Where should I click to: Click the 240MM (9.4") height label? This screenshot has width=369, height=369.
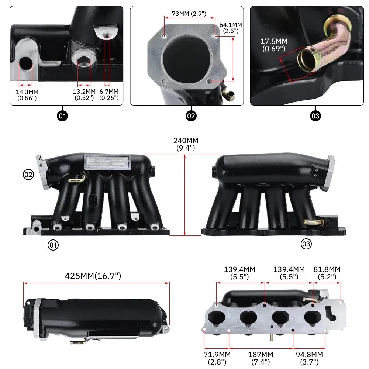(x=186, y=144)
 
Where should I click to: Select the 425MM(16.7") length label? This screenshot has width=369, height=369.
(x=93, y=276)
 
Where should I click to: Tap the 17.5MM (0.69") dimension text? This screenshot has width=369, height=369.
(x=274, y=45)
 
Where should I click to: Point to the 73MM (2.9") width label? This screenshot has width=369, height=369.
(x=189, y=14)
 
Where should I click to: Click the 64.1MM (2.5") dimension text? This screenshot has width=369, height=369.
(x=231, y=28)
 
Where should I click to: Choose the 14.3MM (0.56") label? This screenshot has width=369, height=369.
(x=27, y=95)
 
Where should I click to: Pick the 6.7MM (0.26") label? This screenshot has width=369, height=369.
(x=109, y=94)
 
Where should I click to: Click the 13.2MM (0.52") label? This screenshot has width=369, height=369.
(x=84, y=94)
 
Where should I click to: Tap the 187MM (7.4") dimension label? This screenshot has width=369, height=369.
(x=261, y=358)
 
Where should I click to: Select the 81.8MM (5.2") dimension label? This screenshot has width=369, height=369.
(x=327, y=273)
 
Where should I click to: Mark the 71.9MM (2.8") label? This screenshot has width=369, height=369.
(x=217, y=358)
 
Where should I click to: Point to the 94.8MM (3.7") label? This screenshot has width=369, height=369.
(x=309, y=358)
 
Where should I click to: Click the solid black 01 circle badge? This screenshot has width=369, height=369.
(x=62, y=116)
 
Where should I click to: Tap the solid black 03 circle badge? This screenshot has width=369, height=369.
(x=315, y=116)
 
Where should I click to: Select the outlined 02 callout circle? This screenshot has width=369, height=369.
(x=28, y=175)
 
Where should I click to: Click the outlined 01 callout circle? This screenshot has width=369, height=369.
(x=53, y=245)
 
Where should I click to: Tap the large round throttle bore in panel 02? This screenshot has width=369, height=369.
(x=187, y=58)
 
